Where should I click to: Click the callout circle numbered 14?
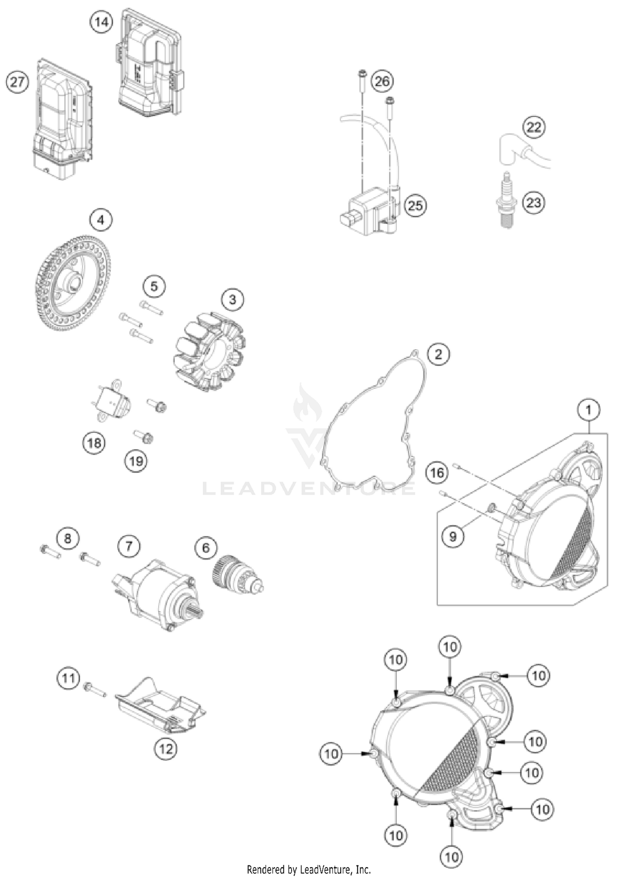pos(101,21)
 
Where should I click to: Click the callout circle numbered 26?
pos(382,81)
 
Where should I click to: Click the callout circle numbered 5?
pos(154,286)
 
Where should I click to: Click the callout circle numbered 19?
pos(136,460)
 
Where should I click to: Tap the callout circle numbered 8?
pos(68,538)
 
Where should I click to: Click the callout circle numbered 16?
pos(437,472)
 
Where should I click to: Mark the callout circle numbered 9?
pos(453,536)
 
